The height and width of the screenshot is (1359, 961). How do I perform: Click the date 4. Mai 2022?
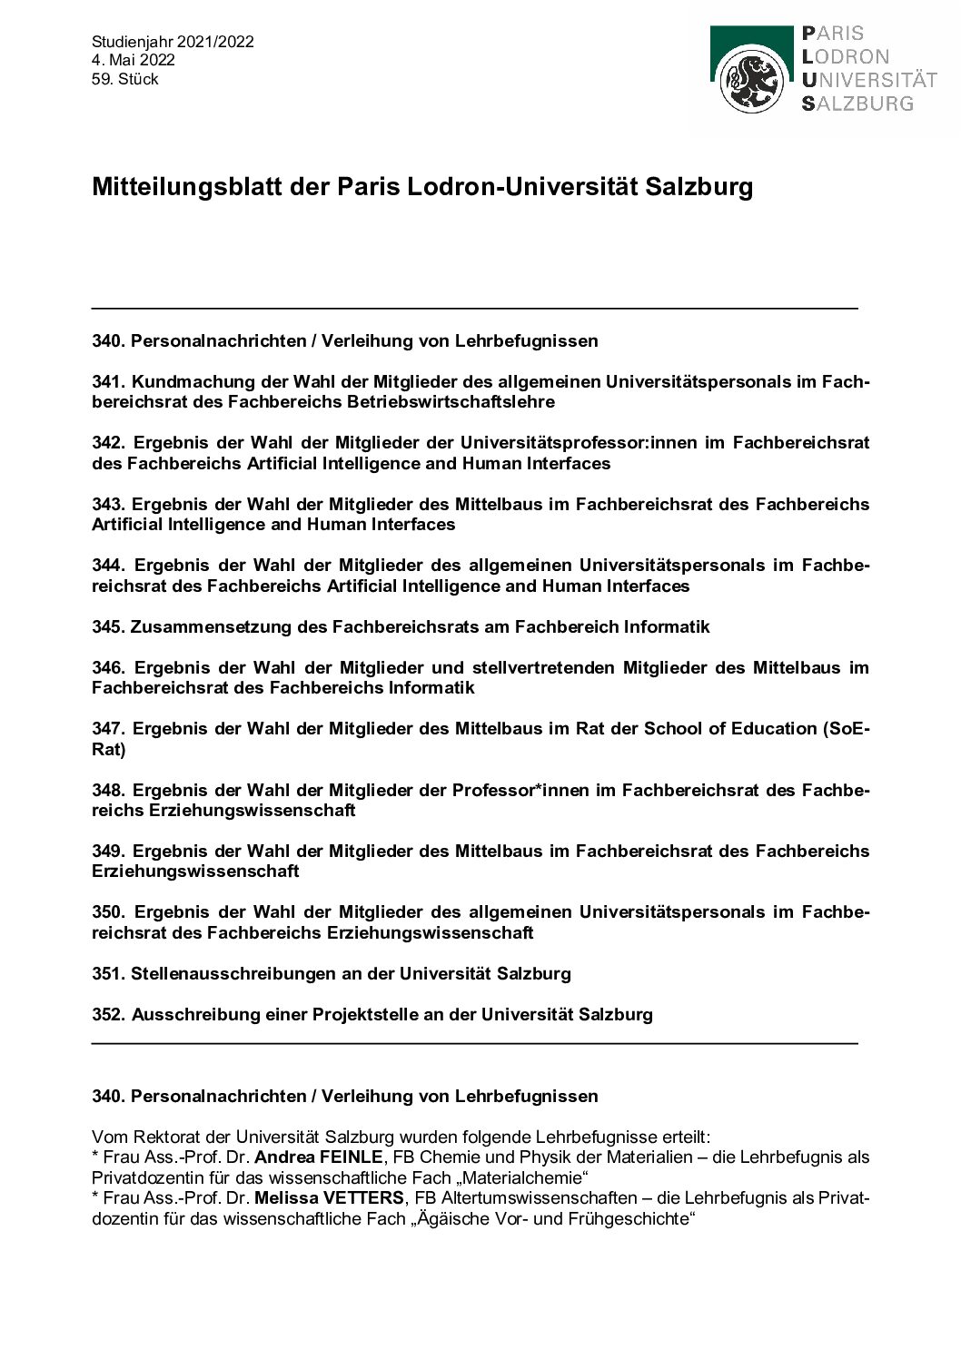point(134,60)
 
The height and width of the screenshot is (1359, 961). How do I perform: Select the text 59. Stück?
point(125,79)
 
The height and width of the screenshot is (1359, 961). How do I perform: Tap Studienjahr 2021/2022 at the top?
point(173,42)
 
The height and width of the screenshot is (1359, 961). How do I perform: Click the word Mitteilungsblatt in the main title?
point(164,188)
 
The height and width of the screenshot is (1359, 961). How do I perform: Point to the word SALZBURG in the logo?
point(857,103)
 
